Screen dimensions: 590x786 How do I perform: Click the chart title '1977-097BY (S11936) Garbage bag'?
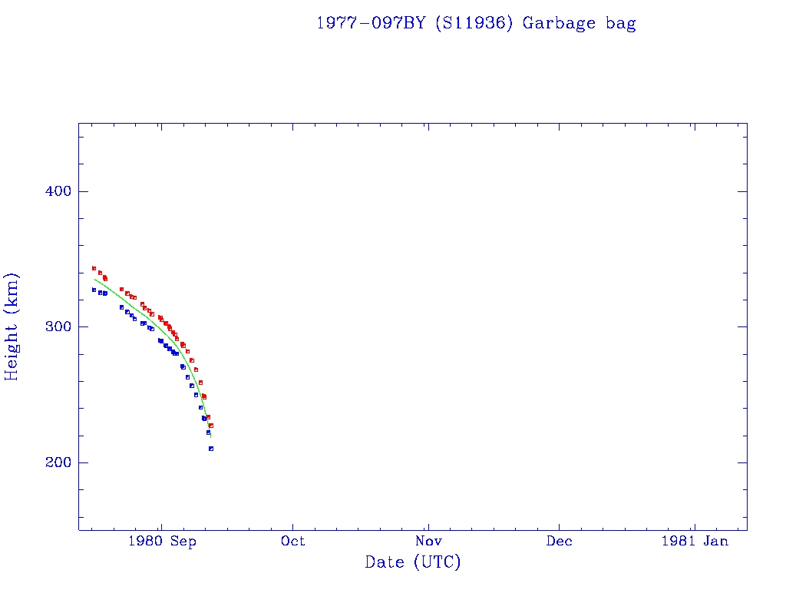[476, 23]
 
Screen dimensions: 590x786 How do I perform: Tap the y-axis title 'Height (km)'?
[12, 326]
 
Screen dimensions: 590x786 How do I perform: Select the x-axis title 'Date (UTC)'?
[413, 562]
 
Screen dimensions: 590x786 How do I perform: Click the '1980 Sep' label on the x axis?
[162, 541]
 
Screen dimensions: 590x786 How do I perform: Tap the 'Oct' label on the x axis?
[292, 541]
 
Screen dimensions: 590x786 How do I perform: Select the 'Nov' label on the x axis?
[428, 541]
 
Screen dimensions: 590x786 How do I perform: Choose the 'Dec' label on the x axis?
[559, 541]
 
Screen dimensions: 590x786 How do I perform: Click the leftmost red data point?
[94, 268]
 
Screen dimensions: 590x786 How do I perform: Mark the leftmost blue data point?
[94, 290]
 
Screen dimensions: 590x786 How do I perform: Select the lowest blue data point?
[210, 449]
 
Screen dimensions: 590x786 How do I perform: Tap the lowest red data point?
[211, 426]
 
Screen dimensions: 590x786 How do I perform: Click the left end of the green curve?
[94, 279]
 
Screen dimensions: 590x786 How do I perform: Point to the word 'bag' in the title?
[620, 23]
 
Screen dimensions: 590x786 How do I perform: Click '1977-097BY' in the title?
[372, 23]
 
